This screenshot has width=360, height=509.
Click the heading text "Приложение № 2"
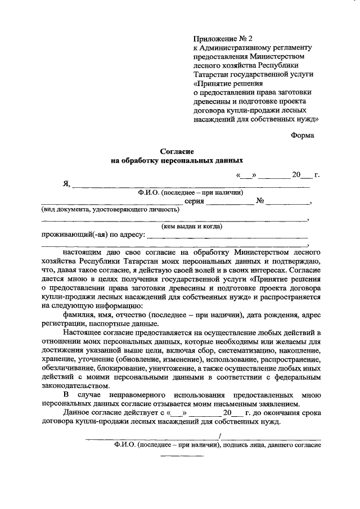click(x=219, y=39)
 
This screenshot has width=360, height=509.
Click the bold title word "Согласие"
click(x=177, y=151)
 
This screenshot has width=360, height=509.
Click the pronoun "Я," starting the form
click(x=66, y=183)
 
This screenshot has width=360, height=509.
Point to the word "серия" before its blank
click(x=193, y=201)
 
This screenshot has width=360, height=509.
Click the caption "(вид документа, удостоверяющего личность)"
click(x=110, y=210)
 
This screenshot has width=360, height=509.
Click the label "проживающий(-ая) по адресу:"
click(x=93, y=235)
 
